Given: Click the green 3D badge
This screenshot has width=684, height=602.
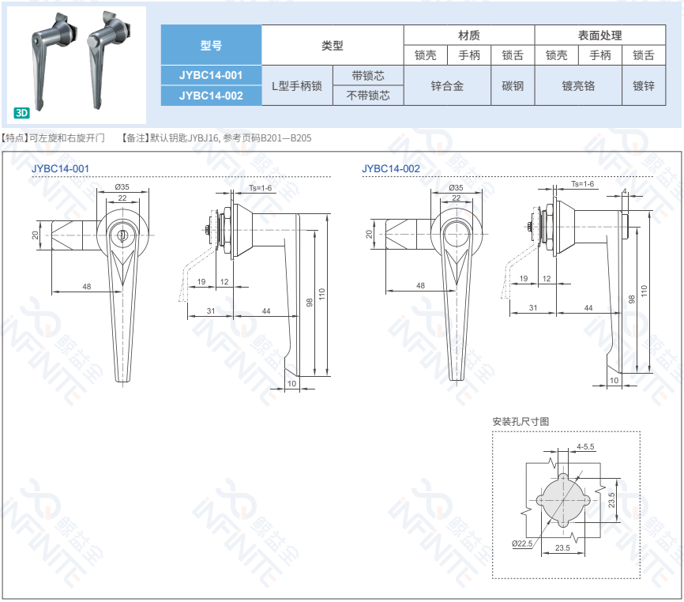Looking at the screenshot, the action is [21, 113].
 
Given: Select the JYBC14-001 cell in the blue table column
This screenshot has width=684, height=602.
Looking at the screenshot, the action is [211, 75].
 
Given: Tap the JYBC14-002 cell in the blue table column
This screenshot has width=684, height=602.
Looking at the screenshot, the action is [211, 96].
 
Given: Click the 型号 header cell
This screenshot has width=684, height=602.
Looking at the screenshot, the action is [211, 45].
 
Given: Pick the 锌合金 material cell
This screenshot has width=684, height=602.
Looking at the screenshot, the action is [447, 86].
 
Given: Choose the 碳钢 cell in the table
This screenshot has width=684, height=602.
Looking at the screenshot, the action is [513, 86].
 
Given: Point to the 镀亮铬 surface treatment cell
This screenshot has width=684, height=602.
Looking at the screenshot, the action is [578, 86].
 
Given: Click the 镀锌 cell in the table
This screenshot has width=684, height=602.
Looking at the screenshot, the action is [644, 86].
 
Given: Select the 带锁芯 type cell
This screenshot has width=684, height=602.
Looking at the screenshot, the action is [368, 76].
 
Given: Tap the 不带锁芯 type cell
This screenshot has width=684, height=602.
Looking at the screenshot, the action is [368, 96].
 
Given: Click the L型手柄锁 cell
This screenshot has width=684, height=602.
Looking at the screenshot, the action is [297, 86].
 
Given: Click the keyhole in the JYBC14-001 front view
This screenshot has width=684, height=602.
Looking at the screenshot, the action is [122, 235].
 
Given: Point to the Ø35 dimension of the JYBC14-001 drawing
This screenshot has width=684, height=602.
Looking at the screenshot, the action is [122, 186].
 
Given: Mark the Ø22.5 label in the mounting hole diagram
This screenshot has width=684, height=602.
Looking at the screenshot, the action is [522, 544].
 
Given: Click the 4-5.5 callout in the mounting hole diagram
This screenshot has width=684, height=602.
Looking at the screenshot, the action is [585, 446].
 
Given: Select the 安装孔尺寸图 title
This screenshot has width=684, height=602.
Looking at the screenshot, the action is [521, 421].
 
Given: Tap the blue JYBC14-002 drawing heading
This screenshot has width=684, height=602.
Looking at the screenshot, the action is [391, 169].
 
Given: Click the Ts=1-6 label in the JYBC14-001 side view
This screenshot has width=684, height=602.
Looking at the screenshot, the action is [261, 188].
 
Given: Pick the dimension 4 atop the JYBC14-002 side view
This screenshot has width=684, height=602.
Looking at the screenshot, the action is [625, 191].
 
